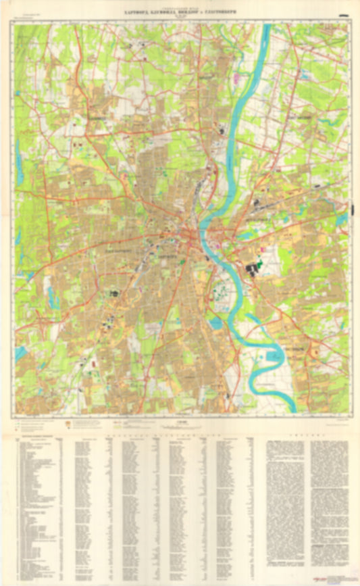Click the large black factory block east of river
point(256,270)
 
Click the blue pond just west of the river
point(215,324)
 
